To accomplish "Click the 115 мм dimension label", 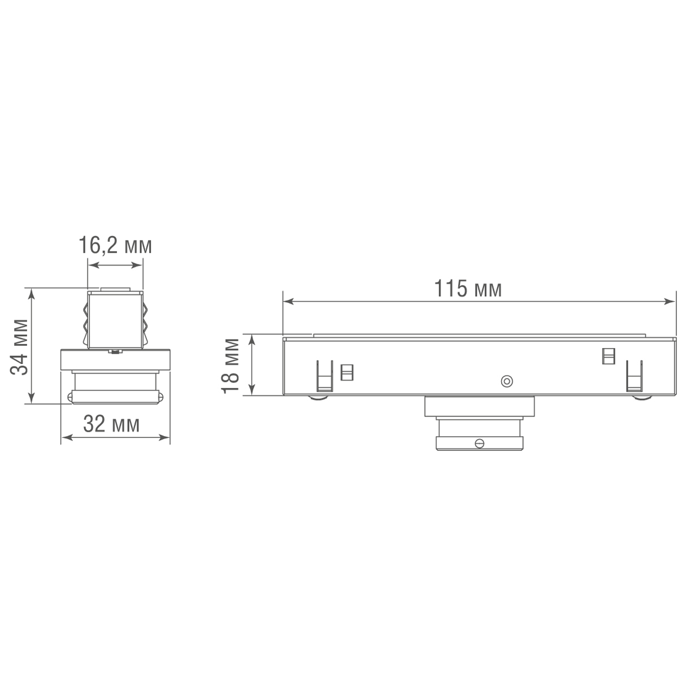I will (x=467, y=289).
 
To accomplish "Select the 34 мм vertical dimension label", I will (x=20, y=347).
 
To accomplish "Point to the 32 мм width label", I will (x=111, y=424).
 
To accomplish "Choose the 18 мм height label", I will (x=231, y=366).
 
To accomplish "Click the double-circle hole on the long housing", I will (x=507, y=381).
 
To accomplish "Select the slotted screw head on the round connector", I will (x=480, y=443).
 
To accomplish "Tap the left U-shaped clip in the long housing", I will (x=324, y=376).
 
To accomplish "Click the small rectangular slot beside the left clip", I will (x=347, y=372).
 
